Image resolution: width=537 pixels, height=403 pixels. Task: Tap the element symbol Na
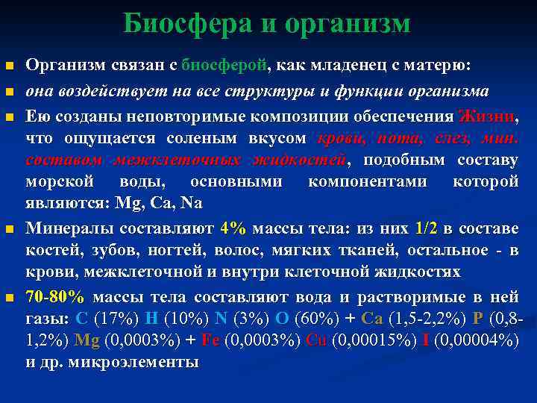pos(192,204)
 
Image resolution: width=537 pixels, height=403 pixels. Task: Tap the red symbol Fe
pos(210,340)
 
